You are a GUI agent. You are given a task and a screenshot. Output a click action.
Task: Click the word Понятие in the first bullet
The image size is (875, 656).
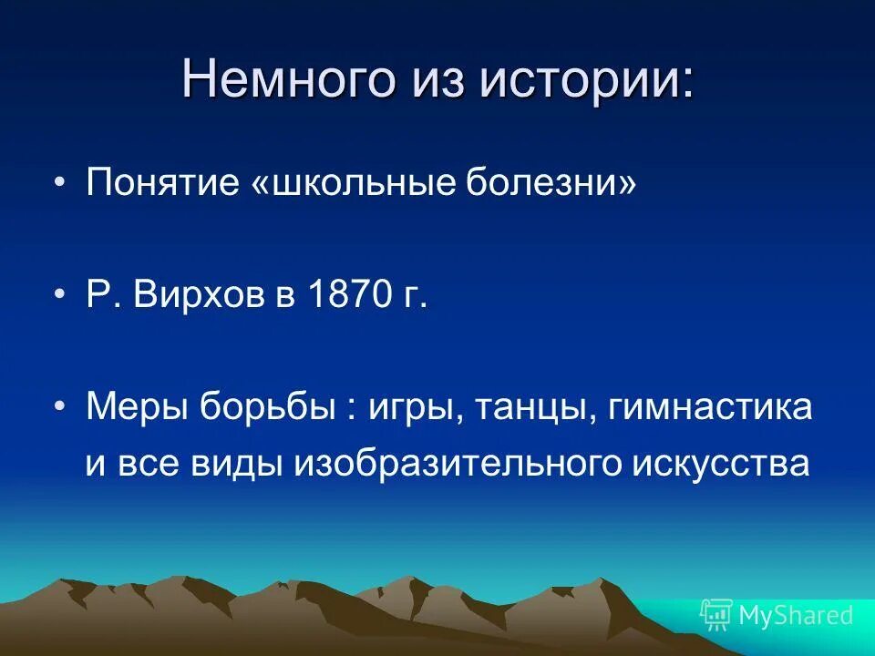pos(160,185)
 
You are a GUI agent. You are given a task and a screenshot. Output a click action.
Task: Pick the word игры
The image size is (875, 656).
pos(408,407)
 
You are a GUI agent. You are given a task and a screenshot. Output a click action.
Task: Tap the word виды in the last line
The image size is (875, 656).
pos(238,464)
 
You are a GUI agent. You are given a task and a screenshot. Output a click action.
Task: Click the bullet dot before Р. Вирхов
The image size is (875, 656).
pos(60,297)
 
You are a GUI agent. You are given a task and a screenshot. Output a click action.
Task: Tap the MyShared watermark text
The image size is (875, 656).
pos(796,615)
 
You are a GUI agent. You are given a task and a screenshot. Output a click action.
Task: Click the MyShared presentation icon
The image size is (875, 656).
pos(716,615)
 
